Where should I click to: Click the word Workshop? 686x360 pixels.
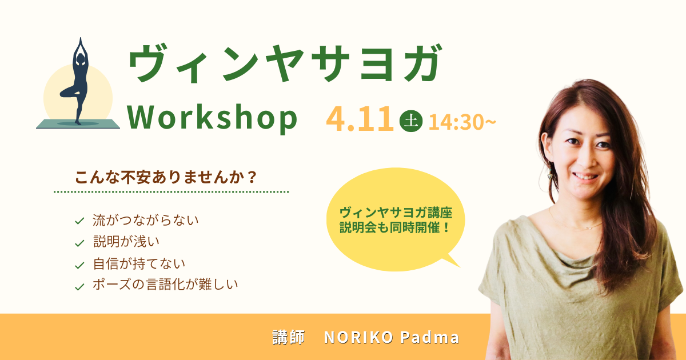coord(212,118)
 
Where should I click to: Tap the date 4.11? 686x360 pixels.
coord(360,119)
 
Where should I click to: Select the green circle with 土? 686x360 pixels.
coord(411,121)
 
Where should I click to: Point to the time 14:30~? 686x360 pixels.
coord(462,122)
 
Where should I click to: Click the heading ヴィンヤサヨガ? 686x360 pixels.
coord(285,63)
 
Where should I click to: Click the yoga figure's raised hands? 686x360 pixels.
coord(81,43)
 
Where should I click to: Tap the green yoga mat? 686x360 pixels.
coord(78,123)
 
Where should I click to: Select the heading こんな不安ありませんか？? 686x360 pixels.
coord(166,177)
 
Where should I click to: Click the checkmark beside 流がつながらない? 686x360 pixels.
coord(79,221)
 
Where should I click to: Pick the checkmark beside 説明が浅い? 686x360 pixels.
coord(79,243)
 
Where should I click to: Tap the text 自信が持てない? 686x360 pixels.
coord(139,263)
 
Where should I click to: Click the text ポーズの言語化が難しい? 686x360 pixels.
coord(165,285)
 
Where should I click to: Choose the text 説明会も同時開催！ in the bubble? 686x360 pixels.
coord(395,227)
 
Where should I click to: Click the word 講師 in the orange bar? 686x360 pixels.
coord(289,337)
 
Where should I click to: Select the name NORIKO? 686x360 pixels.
coord(358,337)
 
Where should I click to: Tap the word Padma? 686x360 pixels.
coord(430,337)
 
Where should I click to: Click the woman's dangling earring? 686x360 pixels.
coord(550,174)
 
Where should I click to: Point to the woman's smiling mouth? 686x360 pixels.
coord(585,177)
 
